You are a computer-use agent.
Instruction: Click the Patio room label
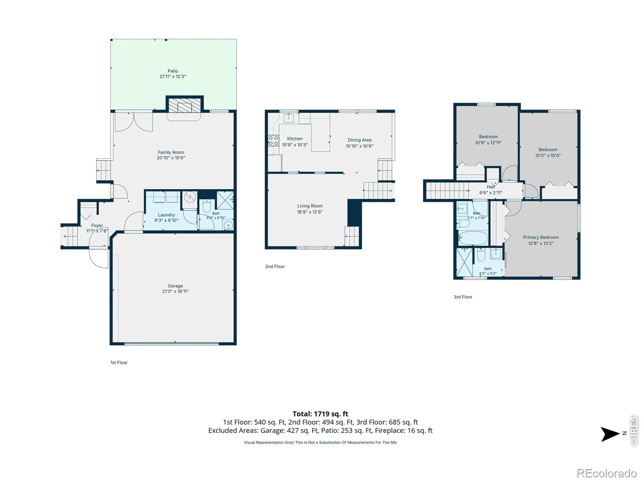(173, 71)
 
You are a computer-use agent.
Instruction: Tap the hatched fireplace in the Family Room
(185, 105)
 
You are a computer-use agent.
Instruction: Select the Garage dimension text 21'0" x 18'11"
(175, 291)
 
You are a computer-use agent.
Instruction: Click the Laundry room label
(166, 215)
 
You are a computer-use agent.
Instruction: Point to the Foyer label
(97, 225)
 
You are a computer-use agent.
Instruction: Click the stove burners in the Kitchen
(273, 140)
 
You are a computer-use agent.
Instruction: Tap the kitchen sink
(288, 118)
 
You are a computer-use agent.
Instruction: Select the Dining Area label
(359, 140)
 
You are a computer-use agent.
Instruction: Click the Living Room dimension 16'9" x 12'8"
(310, 212)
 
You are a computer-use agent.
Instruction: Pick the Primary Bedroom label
(540, 237)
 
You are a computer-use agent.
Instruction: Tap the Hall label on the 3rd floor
(491, 187)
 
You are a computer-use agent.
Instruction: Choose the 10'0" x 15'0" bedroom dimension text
(548, 156)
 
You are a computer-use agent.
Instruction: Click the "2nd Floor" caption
(275, 266)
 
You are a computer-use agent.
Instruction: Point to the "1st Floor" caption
(119, 362)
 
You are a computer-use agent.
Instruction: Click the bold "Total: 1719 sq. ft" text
(320, 414)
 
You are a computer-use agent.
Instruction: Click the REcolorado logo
(607, 473)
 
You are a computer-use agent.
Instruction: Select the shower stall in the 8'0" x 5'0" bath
(464, 262)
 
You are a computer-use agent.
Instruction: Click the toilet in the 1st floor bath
(207, 206)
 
